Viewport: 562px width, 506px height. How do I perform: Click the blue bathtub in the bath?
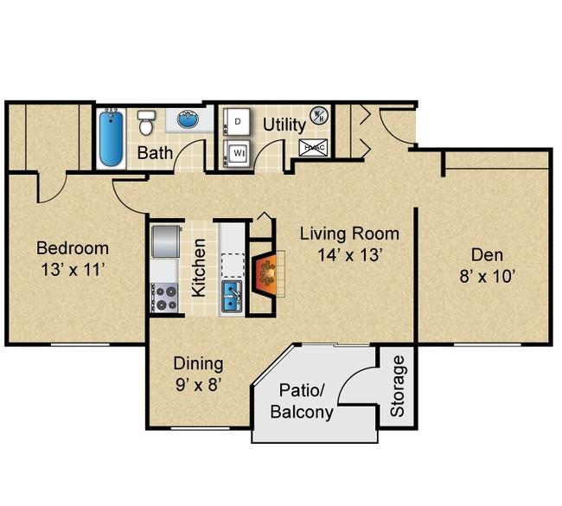click(112, 138)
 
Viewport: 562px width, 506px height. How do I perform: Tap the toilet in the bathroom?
click(146, 123)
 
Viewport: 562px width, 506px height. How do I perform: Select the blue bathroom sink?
click(188, 119)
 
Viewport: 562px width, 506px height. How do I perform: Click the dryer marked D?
click(236, 122)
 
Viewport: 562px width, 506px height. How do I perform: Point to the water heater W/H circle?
click(318, 116)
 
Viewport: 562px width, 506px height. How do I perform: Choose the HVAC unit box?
click(313, 147)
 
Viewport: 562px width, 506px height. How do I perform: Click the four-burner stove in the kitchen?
click(164, 298)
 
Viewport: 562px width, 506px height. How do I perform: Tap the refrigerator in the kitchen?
click(165, 241)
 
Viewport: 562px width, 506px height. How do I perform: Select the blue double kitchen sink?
click(232, 296)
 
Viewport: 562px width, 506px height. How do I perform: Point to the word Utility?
click(284, 125)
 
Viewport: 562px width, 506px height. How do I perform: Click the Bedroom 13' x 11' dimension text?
click(73, 270)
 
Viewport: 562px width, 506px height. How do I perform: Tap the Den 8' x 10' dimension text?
click(488, 277)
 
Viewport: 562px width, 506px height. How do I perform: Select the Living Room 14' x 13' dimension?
click(348, 255)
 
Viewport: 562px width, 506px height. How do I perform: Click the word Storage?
click(397, 386)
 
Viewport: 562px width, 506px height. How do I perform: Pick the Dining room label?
click(198, 363)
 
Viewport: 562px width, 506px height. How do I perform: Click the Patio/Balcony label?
click(302, 401)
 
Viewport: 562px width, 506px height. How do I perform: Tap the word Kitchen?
click(199, 268)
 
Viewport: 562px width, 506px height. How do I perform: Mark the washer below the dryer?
click(236, 153)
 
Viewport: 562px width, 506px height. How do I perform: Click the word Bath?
click(155, 153)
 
